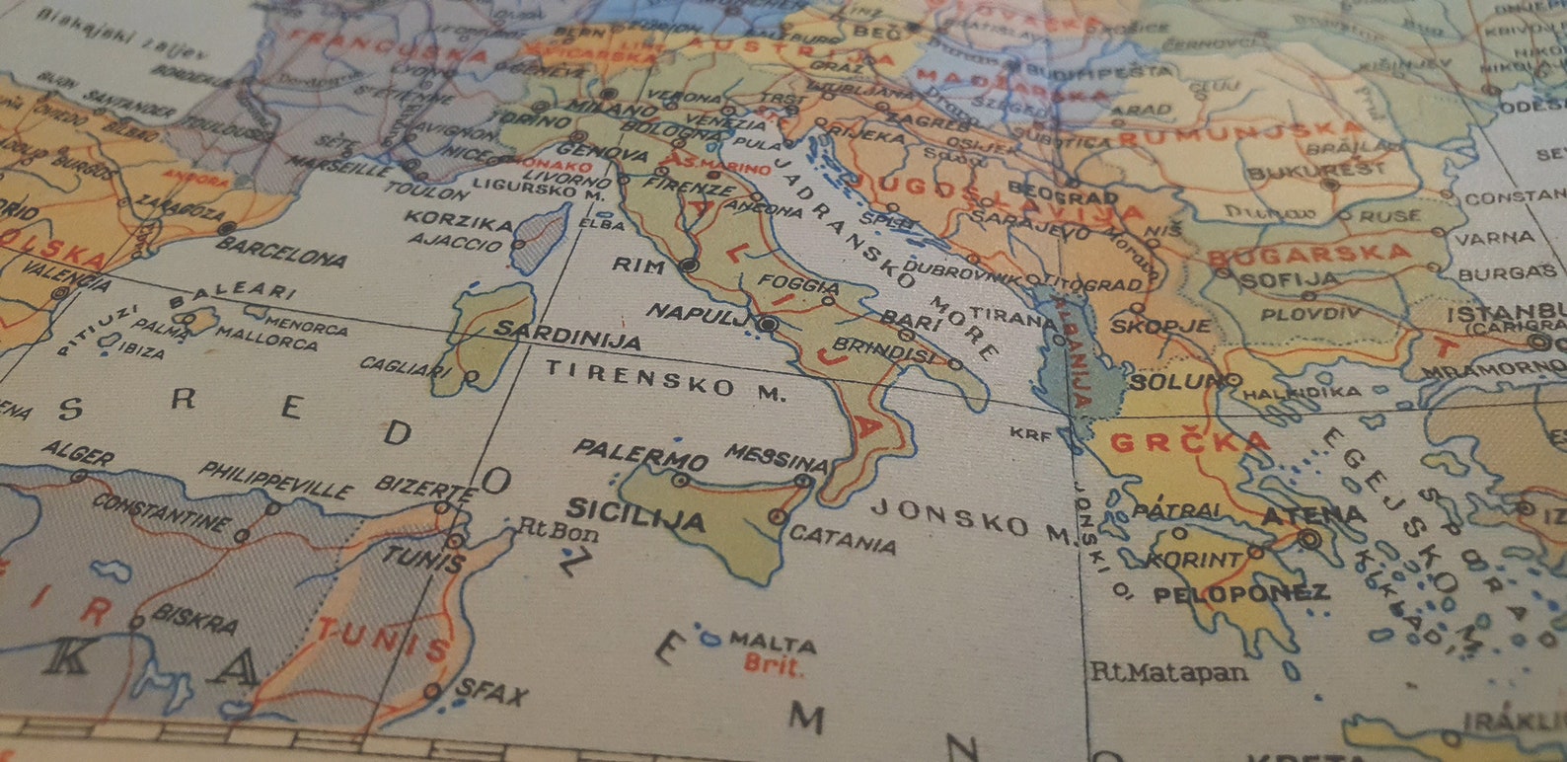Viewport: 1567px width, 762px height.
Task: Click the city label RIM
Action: click(639, 264)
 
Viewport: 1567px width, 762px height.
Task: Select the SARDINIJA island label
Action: click(566, 334)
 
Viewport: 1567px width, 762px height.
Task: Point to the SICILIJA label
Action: click(634, 514)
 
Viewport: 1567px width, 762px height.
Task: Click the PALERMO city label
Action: click(640, 454)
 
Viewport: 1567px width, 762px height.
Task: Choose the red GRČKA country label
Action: click(1190, 441)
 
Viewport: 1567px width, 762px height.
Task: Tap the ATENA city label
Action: click(1313, 514)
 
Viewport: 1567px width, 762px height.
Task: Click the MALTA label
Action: click(773, 642)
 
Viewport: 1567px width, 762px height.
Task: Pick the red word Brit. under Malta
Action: click(773, 665)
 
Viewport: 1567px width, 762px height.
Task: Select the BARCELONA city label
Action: click(281, 251)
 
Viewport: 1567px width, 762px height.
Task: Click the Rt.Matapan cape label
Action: click(1167, 672)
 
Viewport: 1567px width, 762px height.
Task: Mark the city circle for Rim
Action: click(689, 265)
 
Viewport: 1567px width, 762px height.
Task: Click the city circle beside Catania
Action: click(778, 515)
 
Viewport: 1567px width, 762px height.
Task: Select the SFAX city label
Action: click(490, 692)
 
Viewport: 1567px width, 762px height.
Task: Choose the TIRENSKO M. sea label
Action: click(666, 379)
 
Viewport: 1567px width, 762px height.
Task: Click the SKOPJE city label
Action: click(1147, 325)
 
